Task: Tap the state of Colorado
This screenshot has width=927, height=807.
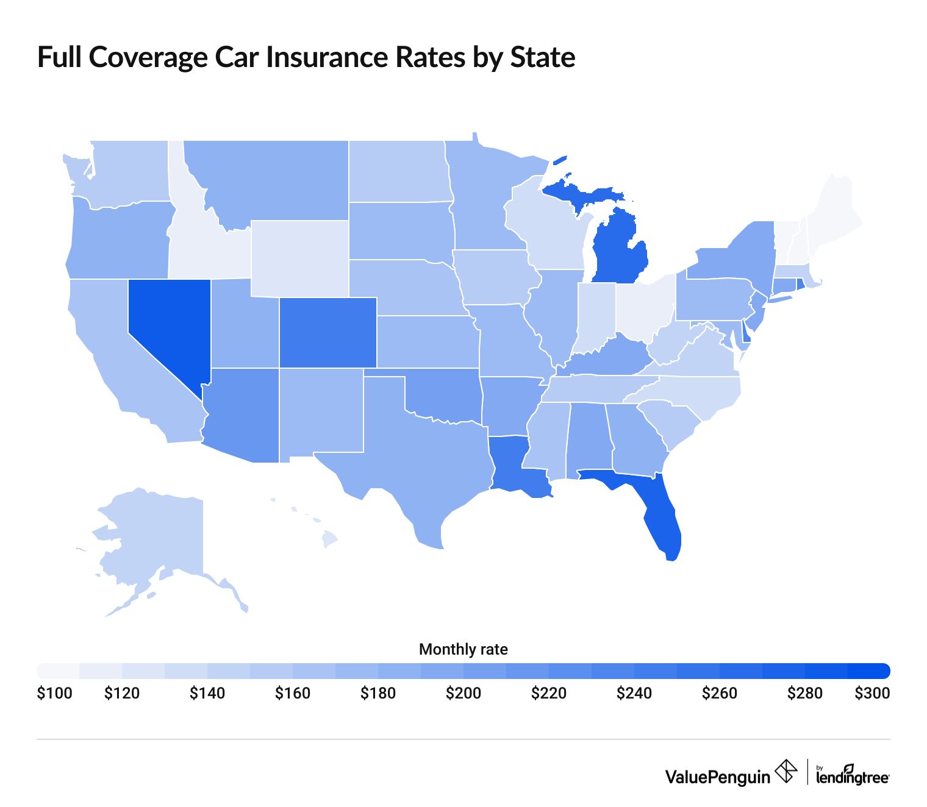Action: pos(327,332)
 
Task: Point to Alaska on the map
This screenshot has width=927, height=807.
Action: pos(159,536)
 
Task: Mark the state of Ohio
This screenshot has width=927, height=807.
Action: pos(643,308)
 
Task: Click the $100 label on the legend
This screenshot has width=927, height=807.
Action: pos(54,694)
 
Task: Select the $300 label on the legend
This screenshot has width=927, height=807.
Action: pos(872,694)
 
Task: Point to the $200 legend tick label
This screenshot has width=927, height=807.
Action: pos(463,694)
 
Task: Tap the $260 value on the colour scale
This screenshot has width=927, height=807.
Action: pos(720,694)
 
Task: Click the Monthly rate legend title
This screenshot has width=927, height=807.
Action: pos(463,650)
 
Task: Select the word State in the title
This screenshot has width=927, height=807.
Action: pos(542,57)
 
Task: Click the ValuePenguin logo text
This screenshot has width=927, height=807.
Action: pos(717,777)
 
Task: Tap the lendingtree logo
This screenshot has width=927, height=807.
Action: pos(852,777)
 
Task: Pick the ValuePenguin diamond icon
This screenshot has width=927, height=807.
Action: pos(786,772)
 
